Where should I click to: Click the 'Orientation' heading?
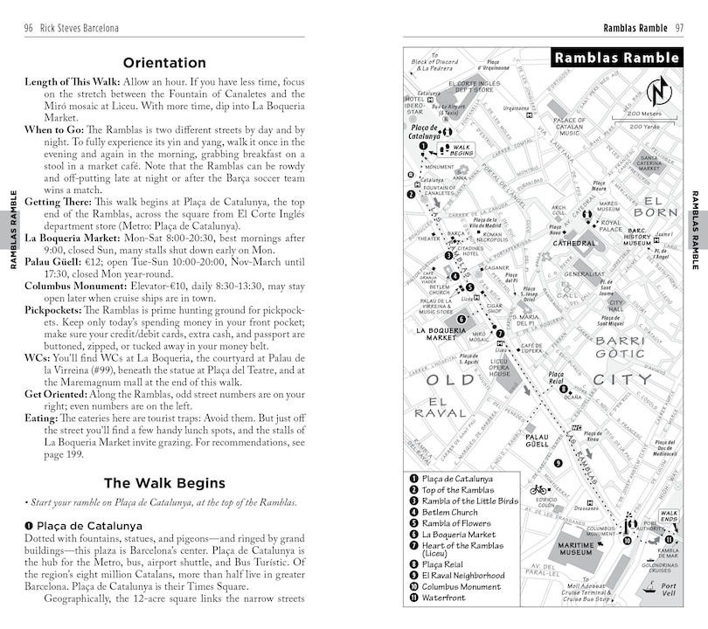pos(164,63)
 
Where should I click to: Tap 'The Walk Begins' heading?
pos(164,483)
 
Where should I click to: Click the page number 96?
pos(29,29)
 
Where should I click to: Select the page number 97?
pos(678,29)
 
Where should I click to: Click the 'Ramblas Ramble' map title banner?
pos(616,59)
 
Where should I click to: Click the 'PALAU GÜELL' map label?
pos(537,441)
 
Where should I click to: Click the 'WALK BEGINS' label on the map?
pos(462,150)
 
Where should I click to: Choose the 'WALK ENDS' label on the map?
pos(669,517)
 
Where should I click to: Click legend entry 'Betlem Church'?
pos(450,512)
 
